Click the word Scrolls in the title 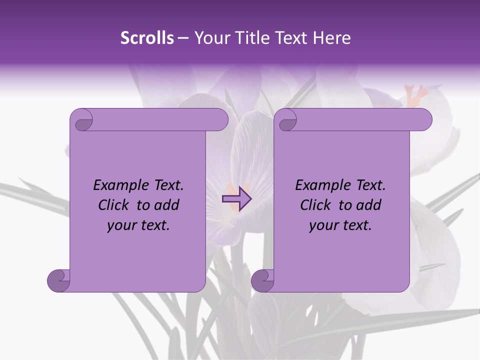147,38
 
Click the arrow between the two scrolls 236,199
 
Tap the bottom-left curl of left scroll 58,280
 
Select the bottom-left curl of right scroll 262,280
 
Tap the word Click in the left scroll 114,205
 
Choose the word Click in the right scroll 316,205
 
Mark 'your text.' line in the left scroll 138,225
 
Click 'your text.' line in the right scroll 340,225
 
